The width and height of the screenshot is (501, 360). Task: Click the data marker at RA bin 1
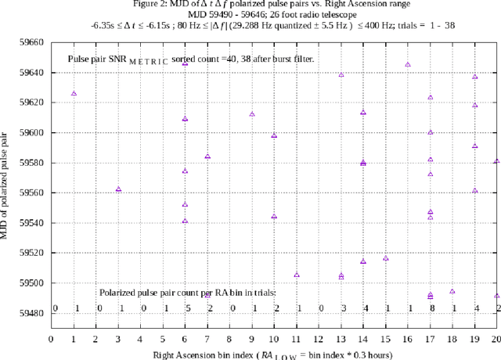coord(74,93)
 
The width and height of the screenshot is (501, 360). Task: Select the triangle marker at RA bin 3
coord(118,189)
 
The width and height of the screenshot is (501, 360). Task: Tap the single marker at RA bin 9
coord(252,113)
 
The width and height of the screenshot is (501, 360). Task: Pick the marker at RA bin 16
coord(408,64)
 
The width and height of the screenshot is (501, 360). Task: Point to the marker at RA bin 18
coord(452,291)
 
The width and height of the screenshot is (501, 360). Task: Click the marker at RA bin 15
coord(386,258)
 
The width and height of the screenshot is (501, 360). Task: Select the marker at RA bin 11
coord(297,275)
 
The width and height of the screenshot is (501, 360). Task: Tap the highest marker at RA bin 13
coord(341,74)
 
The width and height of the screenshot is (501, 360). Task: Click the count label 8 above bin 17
coord(431,308)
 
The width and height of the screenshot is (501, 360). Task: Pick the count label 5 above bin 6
coord(188,308)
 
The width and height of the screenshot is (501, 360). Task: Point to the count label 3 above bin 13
coord(343,308)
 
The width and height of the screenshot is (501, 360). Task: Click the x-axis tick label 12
coord(319,339)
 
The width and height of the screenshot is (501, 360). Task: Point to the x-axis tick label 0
coord(51,339)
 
